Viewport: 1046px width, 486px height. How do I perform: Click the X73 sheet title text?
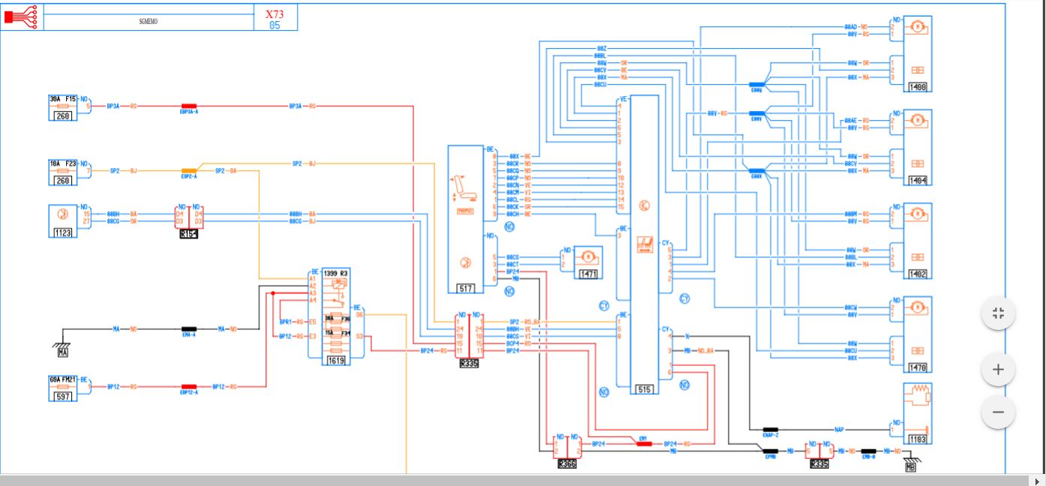point(275,13)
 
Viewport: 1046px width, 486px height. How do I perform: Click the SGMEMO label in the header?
point(148,21)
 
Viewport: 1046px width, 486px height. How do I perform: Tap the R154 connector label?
point(188,234)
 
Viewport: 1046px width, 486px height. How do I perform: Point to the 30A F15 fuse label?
point(63,98)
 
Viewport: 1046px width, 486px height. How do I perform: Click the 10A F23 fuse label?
point(63,162)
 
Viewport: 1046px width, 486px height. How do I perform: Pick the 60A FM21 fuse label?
point(63,379)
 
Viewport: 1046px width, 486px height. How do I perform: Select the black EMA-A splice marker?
point(188,328)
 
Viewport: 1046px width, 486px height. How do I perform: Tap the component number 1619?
point(335,361)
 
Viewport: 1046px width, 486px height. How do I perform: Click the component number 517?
point(465,288)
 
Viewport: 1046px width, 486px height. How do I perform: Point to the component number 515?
point(644,389)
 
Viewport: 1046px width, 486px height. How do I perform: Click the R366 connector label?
point(567,464)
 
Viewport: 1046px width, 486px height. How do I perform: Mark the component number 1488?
point(918,87)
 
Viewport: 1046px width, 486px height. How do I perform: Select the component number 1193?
point(918,439)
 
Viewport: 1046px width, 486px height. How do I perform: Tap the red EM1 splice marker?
point(644,443)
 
